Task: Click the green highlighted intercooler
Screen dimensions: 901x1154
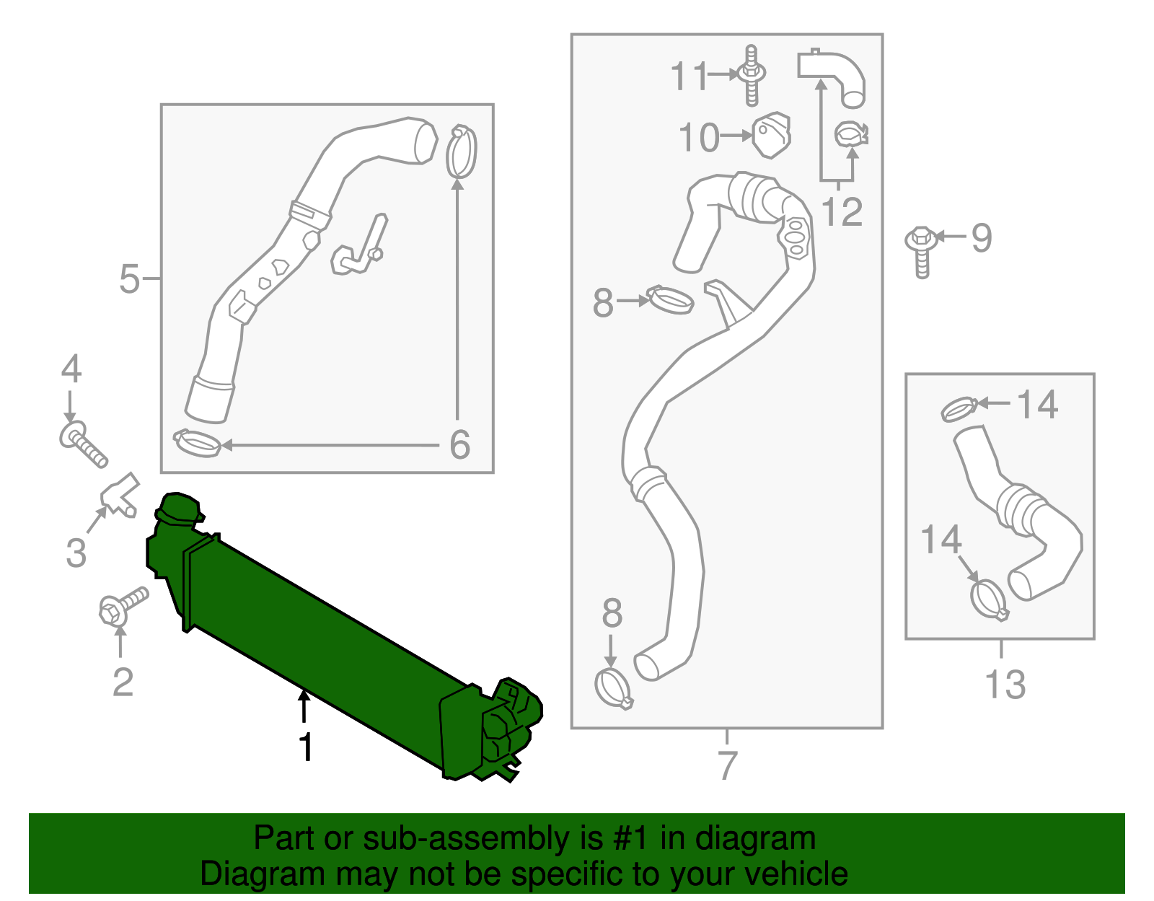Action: point(325,635)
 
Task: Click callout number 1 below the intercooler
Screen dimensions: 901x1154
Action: point(306,747)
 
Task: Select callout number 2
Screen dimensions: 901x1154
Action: point(123,682)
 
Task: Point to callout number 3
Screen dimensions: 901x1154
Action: point(76,553)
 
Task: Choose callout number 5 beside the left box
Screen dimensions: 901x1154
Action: point(129,278)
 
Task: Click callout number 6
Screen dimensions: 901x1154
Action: point(459,444)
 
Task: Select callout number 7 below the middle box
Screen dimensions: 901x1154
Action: point(728,765)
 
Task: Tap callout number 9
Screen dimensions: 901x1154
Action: point(982,237)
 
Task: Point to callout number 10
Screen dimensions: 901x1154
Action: point(699,137)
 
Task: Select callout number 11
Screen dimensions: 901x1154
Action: point(690,76)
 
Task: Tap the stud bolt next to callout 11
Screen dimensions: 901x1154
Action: point(752,75)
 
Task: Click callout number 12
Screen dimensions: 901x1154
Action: point(842,212)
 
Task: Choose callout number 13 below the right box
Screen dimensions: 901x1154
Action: point(1005,684)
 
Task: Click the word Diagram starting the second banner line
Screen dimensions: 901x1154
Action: point(242,874)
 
